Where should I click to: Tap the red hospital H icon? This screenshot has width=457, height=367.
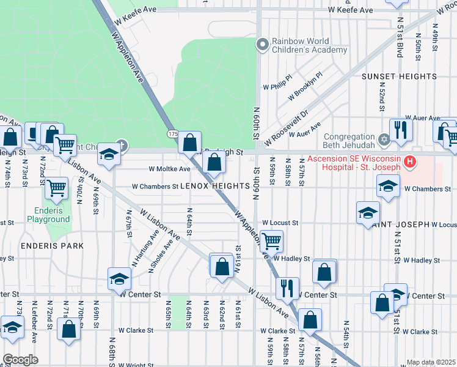(x=410, y=161)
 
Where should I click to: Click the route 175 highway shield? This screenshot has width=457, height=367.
(x=172, y=133)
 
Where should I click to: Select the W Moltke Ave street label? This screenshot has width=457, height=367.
(x=169, y=169)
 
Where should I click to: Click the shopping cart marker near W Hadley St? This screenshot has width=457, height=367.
(x=271, y=240)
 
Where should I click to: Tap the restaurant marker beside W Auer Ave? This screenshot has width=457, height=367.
(x=401, y=129)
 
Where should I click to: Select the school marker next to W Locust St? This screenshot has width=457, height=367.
(x=368, y=212)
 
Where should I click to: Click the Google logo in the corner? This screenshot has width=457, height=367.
(x=20, y=360)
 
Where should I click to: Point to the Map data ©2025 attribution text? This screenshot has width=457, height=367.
(x=430, y=362)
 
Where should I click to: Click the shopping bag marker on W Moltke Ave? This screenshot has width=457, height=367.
(x=214, y=163)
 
